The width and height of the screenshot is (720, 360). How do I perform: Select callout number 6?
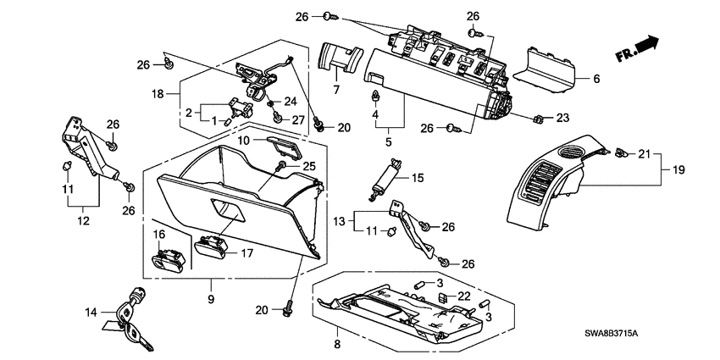[x=595, y=79]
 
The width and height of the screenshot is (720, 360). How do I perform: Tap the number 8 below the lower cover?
[x=337, y=345]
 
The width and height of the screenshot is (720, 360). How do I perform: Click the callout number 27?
[x=297, y=120]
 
